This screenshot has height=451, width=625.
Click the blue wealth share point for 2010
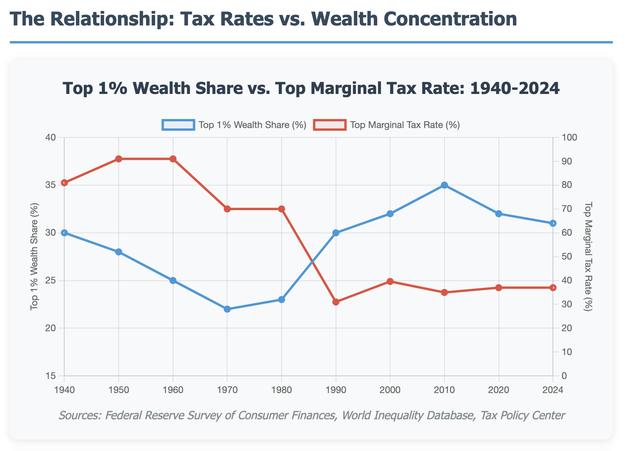[444, 185]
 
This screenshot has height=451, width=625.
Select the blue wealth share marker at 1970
[227, 309]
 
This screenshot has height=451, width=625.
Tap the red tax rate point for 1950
[119, 159]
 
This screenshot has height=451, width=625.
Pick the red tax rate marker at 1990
[336, 302]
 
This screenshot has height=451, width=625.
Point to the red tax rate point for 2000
[390, 281]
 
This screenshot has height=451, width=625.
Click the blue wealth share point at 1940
[64, 233]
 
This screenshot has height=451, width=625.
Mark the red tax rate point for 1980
[281, 209]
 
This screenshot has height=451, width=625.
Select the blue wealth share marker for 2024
[553, 223]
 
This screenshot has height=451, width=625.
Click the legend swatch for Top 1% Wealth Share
[178, 125]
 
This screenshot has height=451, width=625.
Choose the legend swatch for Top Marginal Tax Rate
[330, 125]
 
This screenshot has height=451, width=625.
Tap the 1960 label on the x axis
[173, 390]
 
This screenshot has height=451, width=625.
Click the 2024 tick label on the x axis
[553, 390]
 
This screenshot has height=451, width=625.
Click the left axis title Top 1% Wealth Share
[34, 257]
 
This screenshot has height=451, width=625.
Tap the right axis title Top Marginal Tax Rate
[588, 257]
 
